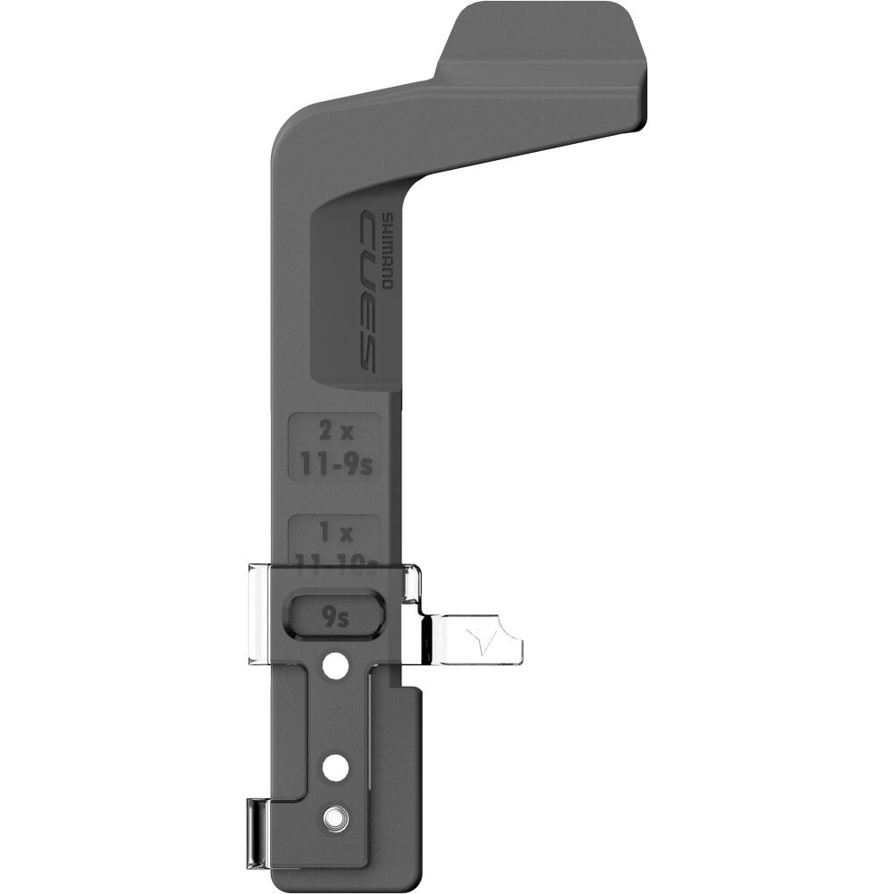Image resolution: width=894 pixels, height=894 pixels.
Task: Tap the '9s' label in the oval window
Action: pyautogui.click(x=337, y=615)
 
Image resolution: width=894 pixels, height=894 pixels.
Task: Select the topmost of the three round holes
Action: pyautogui.click(x=335, y=666)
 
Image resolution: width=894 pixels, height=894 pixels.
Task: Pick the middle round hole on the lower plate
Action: pyautogui.click(x=335, y=767)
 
